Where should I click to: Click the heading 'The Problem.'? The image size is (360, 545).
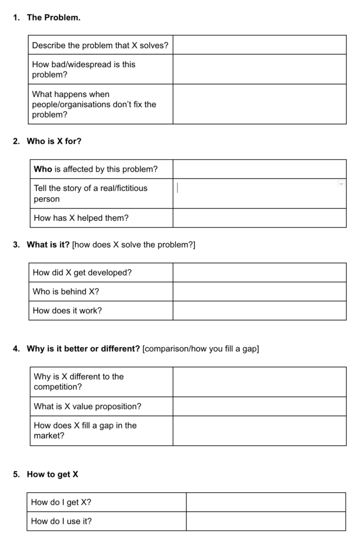tap(53, 18)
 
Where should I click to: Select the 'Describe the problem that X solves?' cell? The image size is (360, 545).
tap(100, 45)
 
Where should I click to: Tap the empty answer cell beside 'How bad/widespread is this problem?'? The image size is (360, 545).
tap(259, 69)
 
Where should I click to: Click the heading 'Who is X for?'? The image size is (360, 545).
tap(54, 142)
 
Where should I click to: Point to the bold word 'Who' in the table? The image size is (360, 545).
tap(43, 169)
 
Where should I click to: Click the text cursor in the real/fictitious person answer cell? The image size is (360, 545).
tap(178, 188)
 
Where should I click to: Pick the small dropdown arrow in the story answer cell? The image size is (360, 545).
tap(341, 184)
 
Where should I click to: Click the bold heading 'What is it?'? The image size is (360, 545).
tap(48, 245)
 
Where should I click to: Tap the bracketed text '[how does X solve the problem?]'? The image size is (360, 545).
tap(134, 245)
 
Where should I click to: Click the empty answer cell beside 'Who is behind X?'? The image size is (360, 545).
tap(259, 292)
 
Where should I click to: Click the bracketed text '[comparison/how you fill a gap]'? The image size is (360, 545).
tap(201, 349)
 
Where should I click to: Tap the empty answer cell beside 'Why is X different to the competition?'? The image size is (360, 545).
tap(259, 382)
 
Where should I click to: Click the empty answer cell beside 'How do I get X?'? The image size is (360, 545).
tap(266, 502)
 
